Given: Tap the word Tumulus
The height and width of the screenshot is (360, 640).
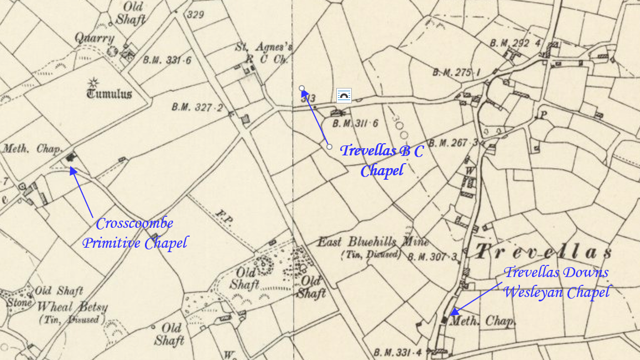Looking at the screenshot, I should [109, 93].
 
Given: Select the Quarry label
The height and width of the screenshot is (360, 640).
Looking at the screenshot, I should [96, 38].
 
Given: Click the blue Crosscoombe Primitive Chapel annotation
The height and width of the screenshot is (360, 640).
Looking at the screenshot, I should [135, 233].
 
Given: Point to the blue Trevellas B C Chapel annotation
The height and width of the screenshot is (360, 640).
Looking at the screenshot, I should [382, 160].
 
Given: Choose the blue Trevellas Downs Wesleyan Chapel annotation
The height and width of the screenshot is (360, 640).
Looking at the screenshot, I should [556, 282].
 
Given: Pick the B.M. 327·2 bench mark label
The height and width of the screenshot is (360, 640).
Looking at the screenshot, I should [196, 108].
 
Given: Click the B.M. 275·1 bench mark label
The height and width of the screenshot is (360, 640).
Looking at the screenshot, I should [456, 72].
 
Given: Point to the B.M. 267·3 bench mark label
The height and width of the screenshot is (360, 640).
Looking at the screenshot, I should [453, 143].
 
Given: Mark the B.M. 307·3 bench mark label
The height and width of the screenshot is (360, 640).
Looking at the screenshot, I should [433, 257].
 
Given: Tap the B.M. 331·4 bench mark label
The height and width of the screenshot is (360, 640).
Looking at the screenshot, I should [398, 352].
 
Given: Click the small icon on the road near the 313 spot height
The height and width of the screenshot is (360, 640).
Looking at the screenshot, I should [344, 96].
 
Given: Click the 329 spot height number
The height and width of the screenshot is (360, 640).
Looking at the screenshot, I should [196, 14].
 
